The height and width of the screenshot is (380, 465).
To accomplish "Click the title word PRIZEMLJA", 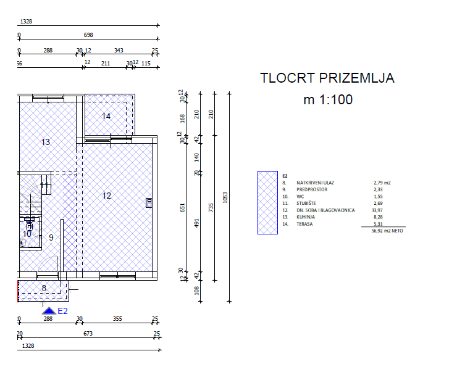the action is point(357,78).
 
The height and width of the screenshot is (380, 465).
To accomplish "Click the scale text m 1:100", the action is point(328,99).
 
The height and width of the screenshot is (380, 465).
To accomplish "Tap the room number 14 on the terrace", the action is point(106,116).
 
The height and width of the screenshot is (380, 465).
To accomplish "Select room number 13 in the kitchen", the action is point(46,142).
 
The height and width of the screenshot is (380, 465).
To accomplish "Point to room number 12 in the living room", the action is point(106,196).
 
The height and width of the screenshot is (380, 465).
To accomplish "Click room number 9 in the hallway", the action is point(51,238).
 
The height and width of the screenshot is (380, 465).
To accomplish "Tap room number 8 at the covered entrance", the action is point(44,288).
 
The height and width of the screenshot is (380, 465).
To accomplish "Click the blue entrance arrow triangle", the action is point(49,311).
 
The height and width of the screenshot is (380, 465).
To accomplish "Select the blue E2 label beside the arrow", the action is point(62,311).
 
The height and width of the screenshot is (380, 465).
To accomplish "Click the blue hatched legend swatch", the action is point(267,202).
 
